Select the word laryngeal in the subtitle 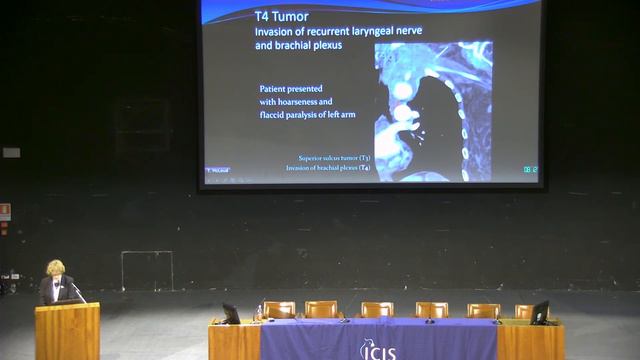pyautogui.click(x=350, y=32)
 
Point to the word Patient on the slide pyautogui.click(x=274, y=88)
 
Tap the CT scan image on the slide pyautogui.click(x=433, y=110)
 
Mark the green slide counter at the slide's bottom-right pyautogui.click(x=530, y=169)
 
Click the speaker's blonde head pyautogui.click(x=55, y=268)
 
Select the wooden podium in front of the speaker pyautogui.click(x=67, y=331)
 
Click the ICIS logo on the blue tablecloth pyautogui.click(x=377, y=349)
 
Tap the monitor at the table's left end pyautogui.click(x=231, y=312)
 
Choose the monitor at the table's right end pyautogui.click(x=539, y=311)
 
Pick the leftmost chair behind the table pyautogui.click(x=279, y=310)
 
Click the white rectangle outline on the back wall pyautogui.click(x=147, y=269)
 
